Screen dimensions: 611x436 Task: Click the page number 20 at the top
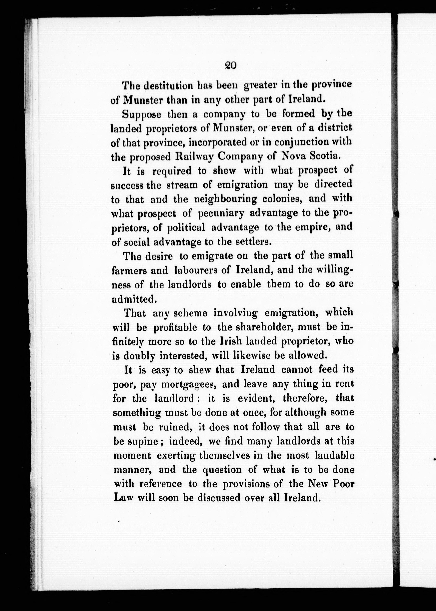pyautogui.click(x=230, y=65)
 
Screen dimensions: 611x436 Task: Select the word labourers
pyautogui.click(x=195, y=270)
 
